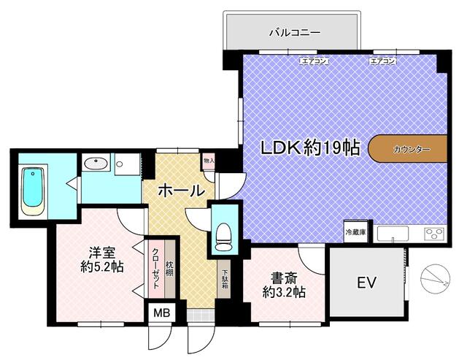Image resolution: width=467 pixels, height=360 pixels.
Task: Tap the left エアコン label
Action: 314,61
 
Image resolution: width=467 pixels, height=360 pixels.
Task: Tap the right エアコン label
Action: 382,61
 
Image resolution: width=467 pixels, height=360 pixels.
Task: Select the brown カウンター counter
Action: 408,149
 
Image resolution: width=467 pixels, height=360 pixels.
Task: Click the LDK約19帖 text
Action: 311,148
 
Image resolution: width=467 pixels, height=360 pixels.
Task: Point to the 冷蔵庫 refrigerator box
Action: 355,231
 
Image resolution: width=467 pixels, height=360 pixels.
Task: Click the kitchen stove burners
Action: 435,233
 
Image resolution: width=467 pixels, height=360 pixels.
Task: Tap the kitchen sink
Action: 393,234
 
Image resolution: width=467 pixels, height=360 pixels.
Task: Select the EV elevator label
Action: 366,283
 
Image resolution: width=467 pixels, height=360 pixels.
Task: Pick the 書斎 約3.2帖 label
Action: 284,286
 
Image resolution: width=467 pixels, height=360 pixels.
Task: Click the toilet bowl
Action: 225,237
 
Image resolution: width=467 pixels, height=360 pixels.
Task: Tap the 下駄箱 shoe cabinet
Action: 224,279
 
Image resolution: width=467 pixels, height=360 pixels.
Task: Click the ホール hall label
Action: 182,191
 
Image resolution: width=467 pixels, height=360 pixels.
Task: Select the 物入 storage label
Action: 209,161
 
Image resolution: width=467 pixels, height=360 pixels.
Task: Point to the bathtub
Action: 33,191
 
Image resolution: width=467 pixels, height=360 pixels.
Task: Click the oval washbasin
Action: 96,164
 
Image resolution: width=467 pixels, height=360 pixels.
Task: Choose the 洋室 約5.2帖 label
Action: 102,259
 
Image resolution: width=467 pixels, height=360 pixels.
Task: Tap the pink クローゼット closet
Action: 156,269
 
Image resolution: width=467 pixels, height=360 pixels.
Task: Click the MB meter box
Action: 162,313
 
